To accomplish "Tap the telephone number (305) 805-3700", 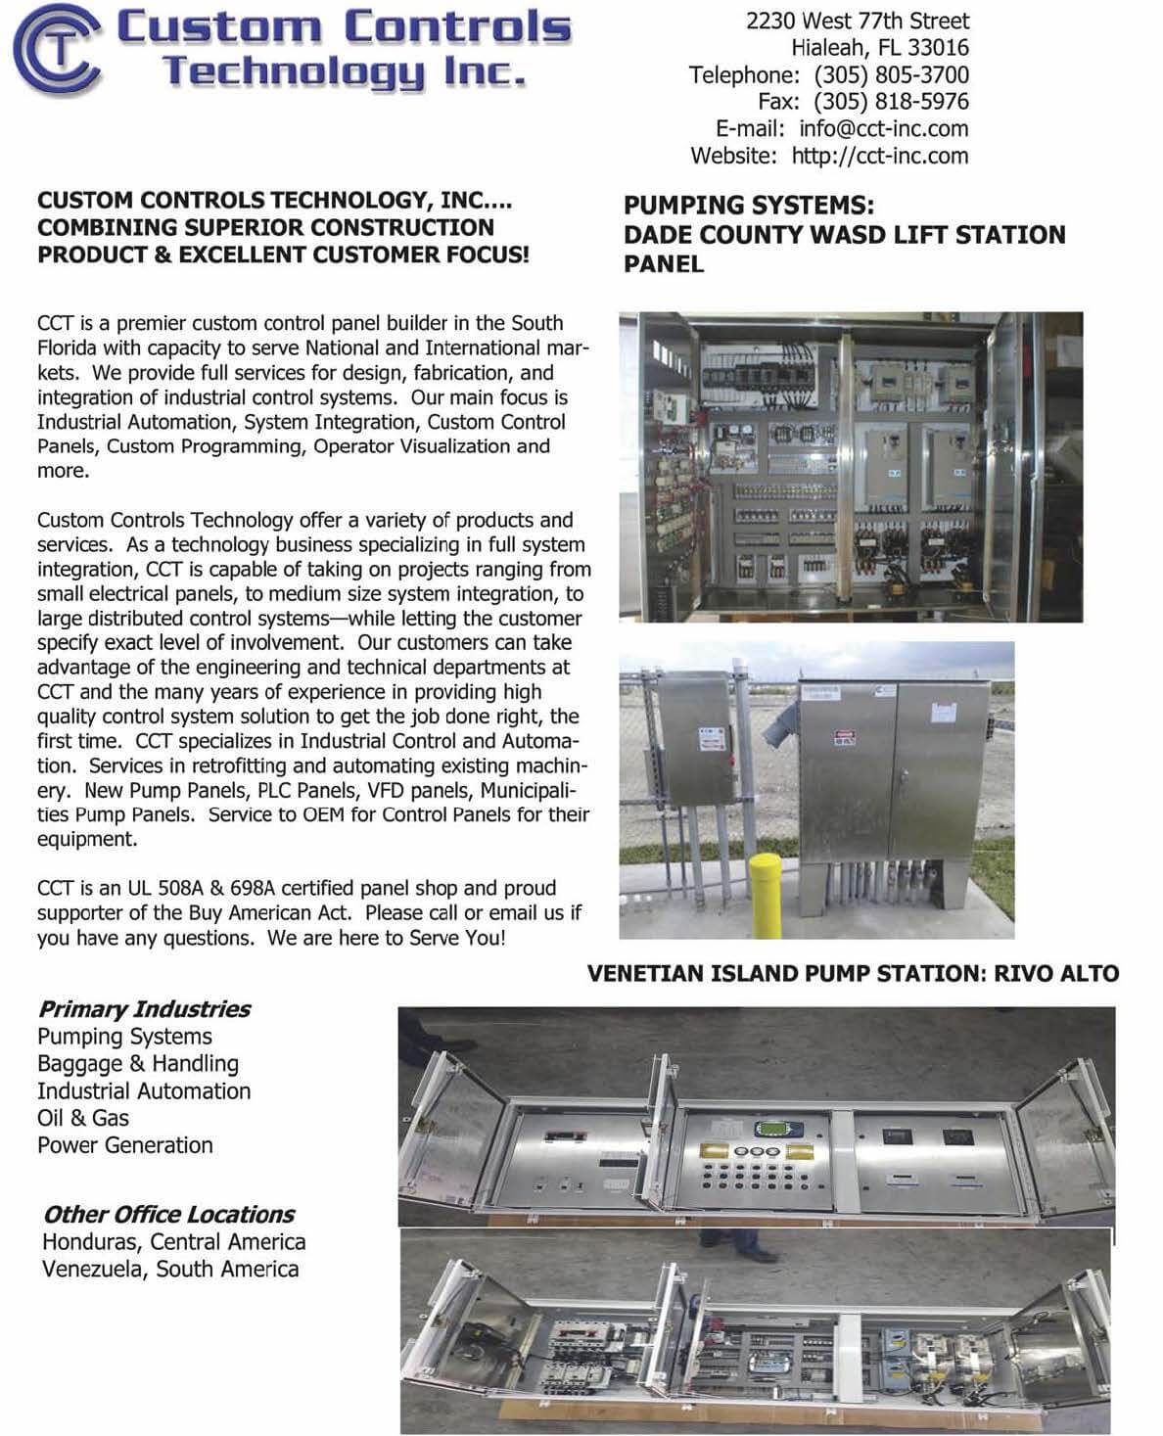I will click(891, 74).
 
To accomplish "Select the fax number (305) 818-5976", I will click(891, 102).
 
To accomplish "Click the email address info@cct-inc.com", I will click(883, 128).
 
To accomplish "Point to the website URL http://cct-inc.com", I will click(879, 156).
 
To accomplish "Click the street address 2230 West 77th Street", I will click(858, 21).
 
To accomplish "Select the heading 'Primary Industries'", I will click(144, 1009).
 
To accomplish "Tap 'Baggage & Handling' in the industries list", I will click(137, 1064).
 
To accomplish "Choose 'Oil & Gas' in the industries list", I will click(83, 1118).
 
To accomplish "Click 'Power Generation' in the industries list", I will click(124, 1145).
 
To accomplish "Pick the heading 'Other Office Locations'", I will click(168, 1215).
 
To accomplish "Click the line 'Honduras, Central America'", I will click(173, 1242).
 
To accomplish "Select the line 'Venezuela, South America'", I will click(170, 1270).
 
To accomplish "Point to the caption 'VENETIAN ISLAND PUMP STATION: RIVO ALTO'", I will click(853, 974).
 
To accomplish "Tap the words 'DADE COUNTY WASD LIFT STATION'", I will click(844, 235).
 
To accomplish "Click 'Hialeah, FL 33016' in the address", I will click(879, 47).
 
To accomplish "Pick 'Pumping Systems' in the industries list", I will click(124, 1037).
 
